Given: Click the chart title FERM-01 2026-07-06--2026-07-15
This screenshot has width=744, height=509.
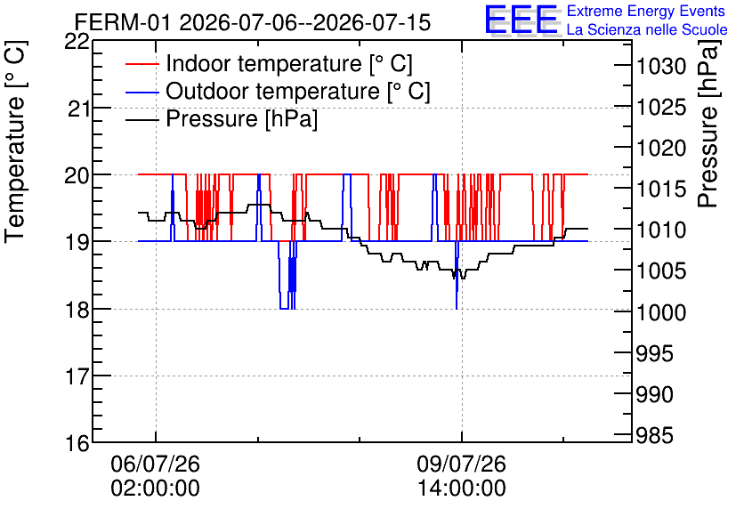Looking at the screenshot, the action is pyautogui.click(x=253, y=22).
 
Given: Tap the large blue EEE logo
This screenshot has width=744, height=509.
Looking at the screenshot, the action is pyautogui.click(x=521, y=20).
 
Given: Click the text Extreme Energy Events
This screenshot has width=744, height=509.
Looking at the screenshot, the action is pyautogui.click(x=646, y=11).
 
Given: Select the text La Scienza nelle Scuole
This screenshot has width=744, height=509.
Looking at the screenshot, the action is pyautogui.click(x=647, y=30).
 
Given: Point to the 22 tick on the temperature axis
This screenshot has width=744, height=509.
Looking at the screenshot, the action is pyautogui.click(x=77, y=41).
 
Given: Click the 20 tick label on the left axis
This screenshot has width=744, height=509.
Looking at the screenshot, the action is pyautogui.click(x=77, y=175).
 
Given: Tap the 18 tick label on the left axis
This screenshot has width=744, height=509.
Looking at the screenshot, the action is pyautogui.click(x=77, y=310).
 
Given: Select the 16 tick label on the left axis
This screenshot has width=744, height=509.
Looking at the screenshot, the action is pyautogui.click(x=77, y=443).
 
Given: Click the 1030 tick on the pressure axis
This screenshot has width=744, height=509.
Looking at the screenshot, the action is pyautogui.click(x=661, y=67).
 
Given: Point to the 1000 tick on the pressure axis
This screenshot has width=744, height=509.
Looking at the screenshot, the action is pyautogui.click(x=661, y=312).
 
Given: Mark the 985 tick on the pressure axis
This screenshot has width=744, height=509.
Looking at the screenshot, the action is pyautogui.click(x=654, y=435).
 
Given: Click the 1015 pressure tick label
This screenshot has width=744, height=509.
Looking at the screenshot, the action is pyautogui.click(x=661, y=190).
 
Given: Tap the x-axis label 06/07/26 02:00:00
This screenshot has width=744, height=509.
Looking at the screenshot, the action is pyautogui.click(x=156, y=476).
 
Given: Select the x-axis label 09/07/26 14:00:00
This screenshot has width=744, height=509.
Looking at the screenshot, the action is pyautogui.click(x=462, y=476).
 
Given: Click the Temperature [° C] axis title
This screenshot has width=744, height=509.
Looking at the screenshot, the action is pyautogui.click(x=16, y=142).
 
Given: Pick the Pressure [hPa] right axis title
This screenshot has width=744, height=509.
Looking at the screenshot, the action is pyautogui.click(x=708, y=125).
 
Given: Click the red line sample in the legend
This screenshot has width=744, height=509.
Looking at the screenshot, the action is pyautogui.click(x=142, y=64).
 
